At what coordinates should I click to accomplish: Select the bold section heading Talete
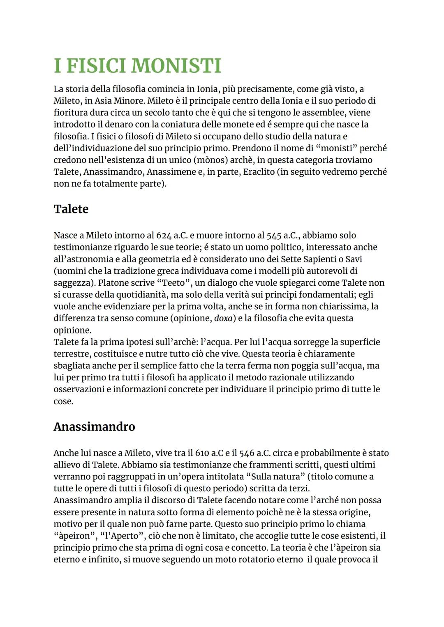[x=71, y=209]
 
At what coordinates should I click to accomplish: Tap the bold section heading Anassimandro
[x=94, y=426]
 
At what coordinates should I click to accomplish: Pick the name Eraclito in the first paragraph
[x=259, y=172]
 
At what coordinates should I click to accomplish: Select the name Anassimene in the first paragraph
[x=171, y=172]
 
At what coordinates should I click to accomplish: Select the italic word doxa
[x=223, y=319]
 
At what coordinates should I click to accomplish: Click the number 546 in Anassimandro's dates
[x=247, y=453]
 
